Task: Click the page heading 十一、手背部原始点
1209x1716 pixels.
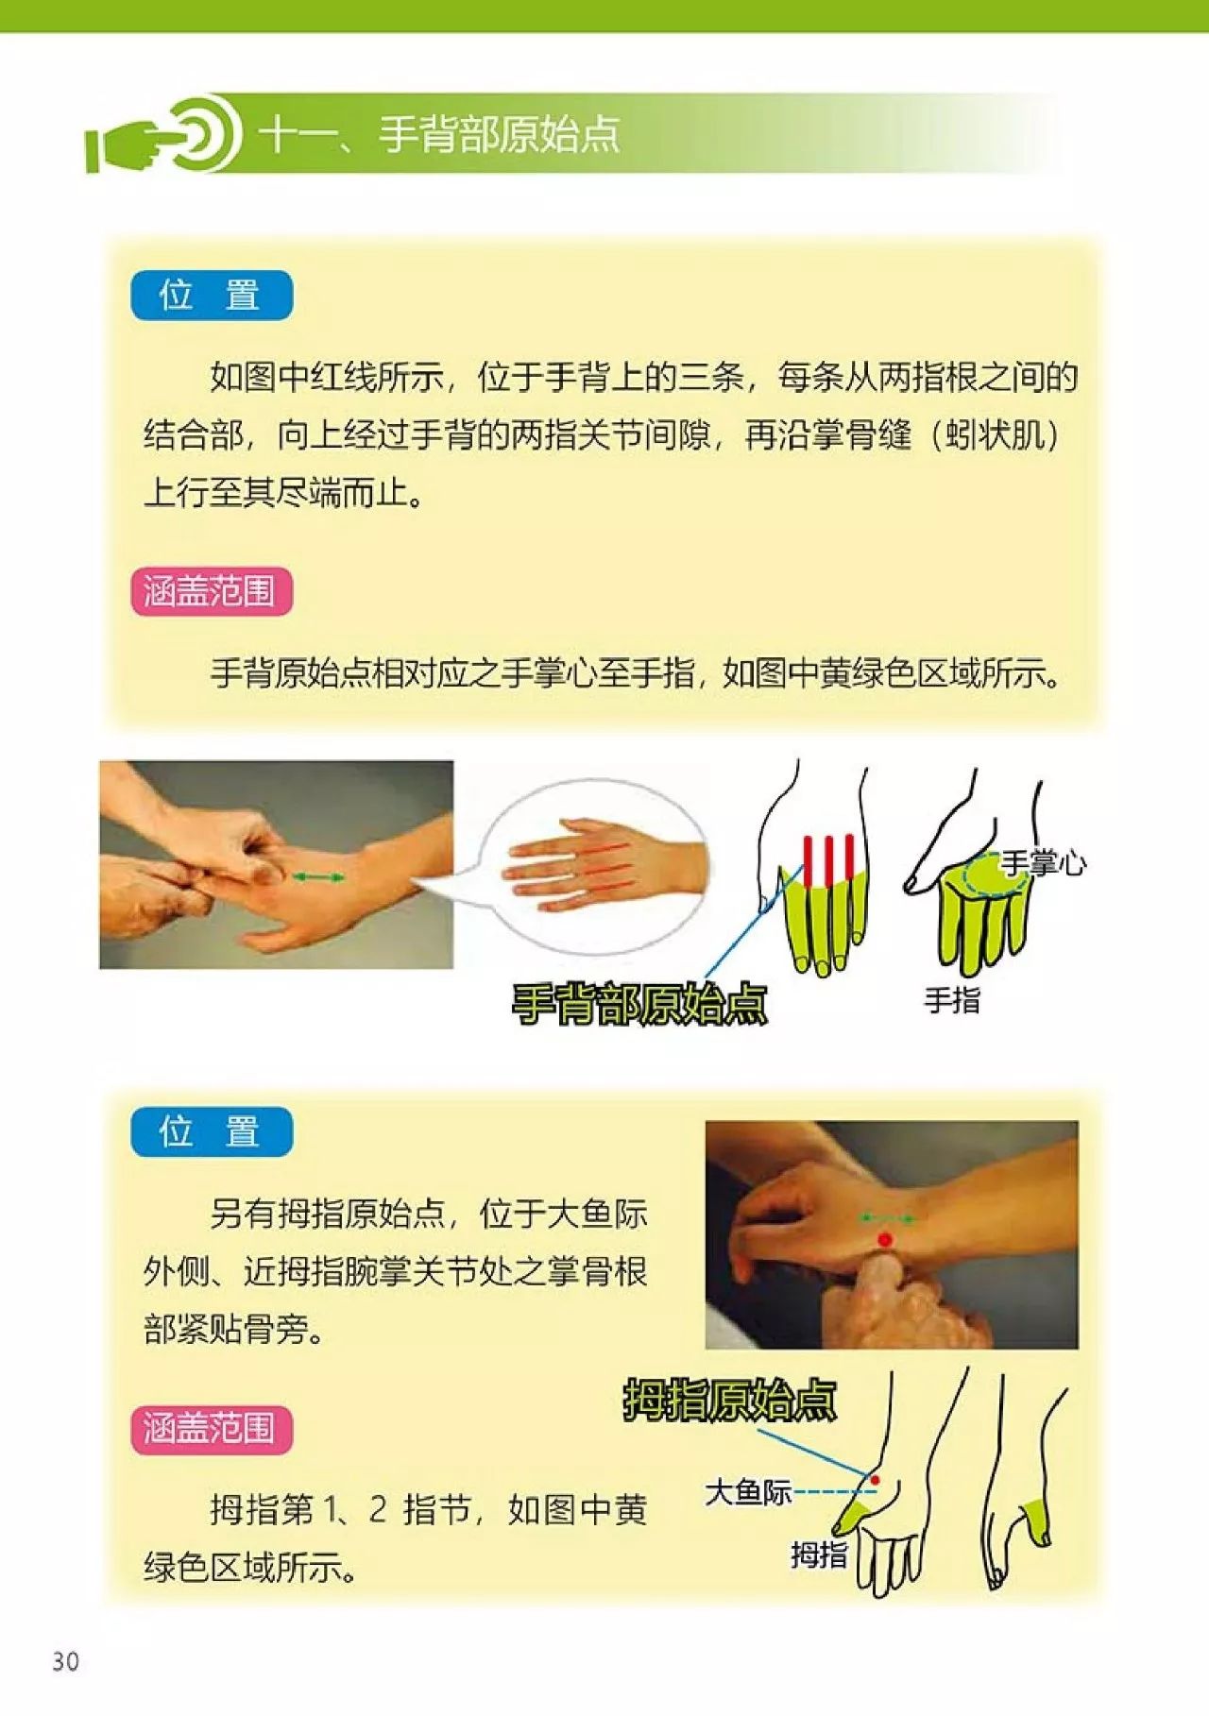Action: [x=440, y=135]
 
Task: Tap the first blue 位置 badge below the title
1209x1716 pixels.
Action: [x=211, y=296]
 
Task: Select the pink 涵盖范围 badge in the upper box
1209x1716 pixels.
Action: [x=211, y=592]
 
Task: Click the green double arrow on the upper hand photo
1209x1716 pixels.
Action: [x=317, y=878]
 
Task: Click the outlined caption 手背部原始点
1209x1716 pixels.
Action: [x=639, y=1004]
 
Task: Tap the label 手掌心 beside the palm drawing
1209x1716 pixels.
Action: [x=1043, y=862]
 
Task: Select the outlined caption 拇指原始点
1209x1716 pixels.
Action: [x=729, y=1401]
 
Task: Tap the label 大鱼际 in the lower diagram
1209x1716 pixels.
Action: [x=748, y=1492]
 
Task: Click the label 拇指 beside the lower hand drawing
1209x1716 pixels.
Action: [x=818, y=1555]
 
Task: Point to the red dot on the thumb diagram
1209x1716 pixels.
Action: [x=875, y=1480]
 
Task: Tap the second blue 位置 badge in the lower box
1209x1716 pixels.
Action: [x=211, y=1131]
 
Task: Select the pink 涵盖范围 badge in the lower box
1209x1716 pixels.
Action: [x=211, y=1428]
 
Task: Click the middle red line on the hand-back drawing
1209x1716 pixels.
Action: [x=828, y=859]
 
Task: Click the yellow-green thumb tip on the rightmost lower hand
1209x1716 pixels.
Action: [x=1036, y=1520]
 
